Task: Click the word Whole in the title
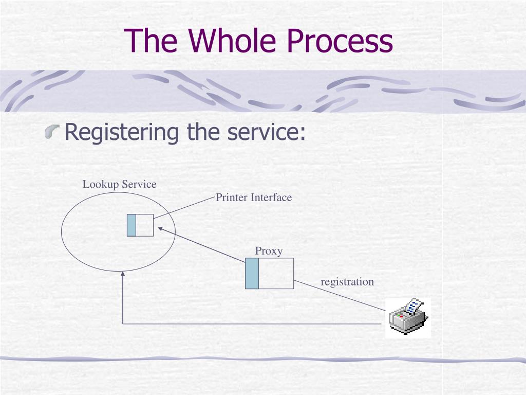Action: coord(232,40)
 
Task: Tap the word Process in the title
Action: coord(340,40)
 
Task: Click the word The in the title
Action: coord(151,40)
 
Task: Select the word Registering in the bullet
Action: coord(122,132)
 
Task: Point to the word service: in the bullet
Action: coord(267,132)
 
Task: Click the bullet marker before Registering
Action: coord(52,131)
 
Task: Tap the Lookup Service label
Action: coord(119,184)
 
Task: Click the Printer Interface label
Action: coord(254,197)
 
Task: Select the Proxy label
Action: coord(269,251)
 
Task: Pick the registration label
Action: coord(347,281)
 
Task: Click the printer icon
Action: coord(408,317)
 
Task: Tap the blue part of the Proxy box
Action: coord(252,274)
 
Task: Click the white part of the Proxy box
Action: coord(276,274)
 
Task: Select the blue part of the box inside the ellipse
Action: coord(131,225)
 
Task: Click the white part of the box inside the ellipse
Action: coord(144,225)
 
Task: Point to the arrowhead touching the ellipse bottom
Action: coord(123,274)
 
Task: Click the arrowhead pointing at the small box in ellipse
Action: coord(160,229)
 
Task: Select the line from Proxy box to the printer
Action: coord(340,296)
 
